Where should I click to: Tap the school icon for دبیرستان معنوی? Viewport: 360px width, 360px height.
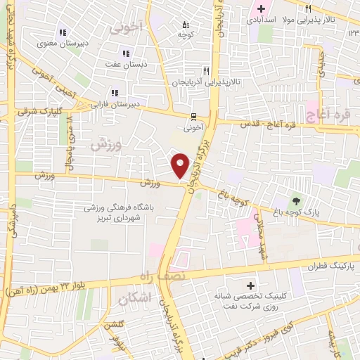click(x=63, y=32)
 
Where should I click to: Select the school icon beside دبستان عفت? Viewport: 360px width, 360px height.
click(x=126, y=53)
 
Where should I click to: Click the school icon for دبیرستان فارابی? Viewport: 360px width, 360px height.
click(x=114, y=93)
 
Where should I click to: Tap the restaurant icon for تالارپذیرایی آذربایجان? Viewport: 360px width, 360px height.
click(x=206, y=70)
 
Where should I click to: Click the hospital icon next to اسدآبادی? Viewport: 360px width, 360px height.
click(x=261, y=9)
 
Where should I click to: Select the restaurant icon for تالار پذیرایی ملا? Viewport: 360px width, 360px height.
click(x=308, y=8)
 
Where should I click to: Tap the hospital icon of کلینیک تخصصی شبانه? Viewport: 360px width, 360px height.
click(x=252, y=285)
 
